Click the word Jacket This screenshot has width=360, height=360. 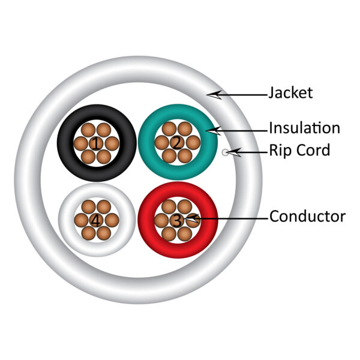tap(290, 93)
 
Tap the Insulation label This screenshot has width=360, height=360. tap(304, 128)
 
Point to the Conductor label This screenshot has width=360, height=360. tap(307, 216)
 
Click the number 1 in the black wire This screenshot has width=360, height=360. tap(96, 144)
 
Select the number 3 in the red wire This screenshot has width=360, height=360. tap(177, 221)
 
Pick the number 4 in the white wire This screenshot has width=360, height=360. tap(96, 221)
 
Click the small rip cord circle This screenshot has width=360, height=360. tap(225, 152)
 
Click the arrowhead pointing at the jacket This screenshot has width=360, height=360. tap(214, 95)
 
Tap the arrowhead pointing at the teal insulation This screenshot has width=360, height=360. tap(213, 131)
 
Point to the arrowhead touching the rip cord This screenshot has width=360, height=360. tap(234, 152)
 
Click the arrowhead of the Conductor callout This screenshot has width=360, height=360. tap(192, 218)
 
